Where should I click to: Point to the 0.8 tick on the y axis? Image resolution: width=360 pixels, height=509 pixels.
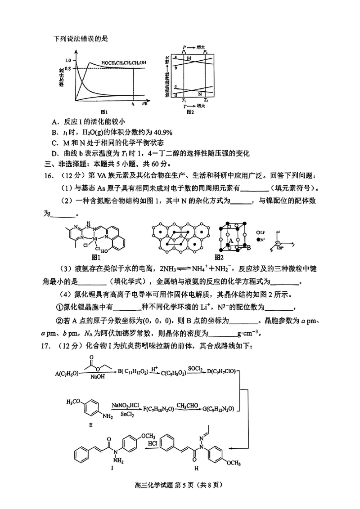click(68, 68)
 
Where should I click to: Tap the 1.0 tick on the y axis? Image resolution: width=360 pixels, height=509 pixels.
click(68, 60)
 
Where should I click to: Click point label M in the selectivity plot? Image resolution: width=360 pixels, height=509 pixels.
click(189, 59)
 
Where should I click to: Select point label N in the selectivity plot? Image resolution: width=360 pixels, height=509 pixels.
click(200, 94)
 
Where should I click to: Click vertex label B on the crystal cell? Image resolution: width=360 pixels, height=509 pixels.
click(248, 247)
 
